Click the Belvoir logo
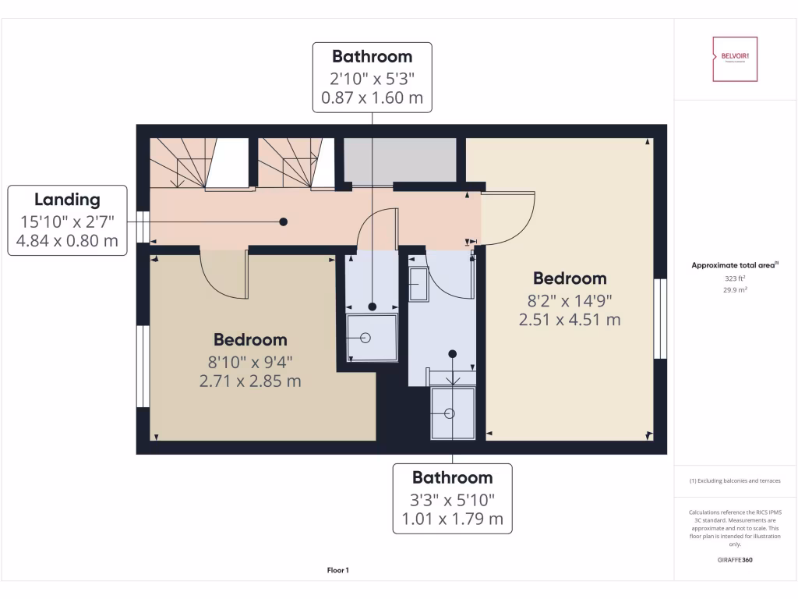pyautogui.click(x=734, y=58)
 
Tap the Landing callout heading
pyautogui.click(x=66, y=200)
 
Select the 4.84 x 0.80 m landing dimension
pyautogui.click(x=66, y=241)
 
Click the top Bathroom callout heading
pyautogui.click(x=372, y=56)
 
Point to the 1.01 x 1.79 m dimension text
pyautogui.click(x=453, y=519)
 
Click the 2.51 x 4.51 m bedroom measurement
pyautogui.click(x=570, y=319)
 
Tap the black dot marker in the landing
pyautogui.click(x=284, y=222)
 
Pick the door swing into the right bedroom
pyautogui.click(x=508, y=218)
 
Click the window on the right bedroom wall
pyautogui.click(x=661, y=318)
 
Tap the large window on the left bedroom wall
pyautogui.click(x=143, y=366)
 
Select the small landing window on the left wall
pyautogui.click(x=143, y=228)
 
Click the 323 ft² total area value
pyautogui.click(x=734, y=278)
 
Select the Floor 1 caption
pyautogui.click(x=337, y=571)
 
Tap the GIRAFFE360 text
pyautogui.click(x=735, y=560)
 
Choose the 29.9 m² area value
pyautogui.click(x=734, y=289)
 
